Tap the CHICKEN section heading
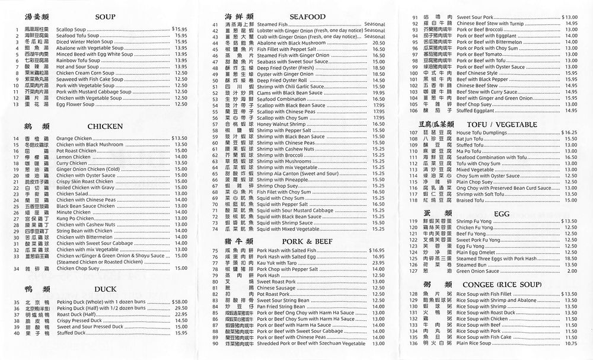tap(105, 126)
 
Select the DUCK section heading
tap(105, 289)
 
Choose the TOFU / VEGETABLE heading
tap(506, 125)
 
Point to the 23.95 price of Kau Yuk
tap(378, 262)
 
